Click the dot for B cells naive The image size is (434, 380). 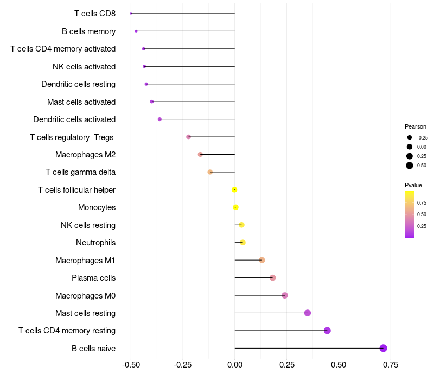[x=383, y=348]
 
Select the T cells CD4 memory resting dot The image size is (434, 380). [x=327, y=331]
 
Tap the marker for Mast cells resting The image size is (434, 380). [x=308, y=313]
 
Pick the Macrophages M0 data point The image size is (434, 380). [x=285, y=295]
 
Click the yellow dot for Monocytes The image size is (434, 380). [x=235, y=207]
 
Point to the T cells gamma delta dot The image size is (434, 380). [x=210, y=172]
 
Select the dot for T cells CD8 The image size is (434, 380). [x=131, y=14]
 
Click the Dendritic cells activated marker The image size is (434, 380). [x=159, y=119]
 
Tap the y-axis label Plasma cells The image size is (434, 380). [x=93, y=278]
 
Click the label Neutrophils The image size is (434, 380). [x=95, y=243]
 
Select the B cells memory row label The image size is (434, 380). [x=88, y=31]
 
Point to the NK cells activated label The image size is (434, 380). [x=84, y=67]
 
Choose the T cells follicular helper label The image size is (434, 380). [x=76, y=190]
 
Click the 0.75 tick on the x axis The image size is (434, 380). [x=391, y=364]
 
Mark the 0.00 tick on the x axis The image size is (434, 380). [x=234, y=364]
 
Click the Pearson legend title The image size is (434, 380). [x=416, y=126]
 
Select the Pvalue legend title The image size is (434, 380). [x=413, y=185]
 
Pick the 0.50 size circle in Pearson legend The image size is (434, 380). [x=410, y=166]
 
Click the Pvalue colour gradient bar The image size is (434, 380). [x=410, y=214]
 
